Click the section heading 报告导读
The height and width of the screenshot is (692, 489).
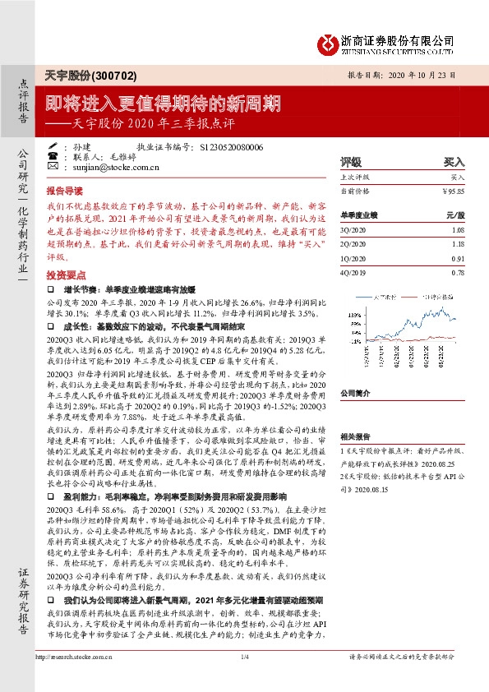(x=65, y=189)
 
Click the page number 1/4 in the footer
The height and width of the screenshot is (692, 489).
(x=244, y=680)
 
